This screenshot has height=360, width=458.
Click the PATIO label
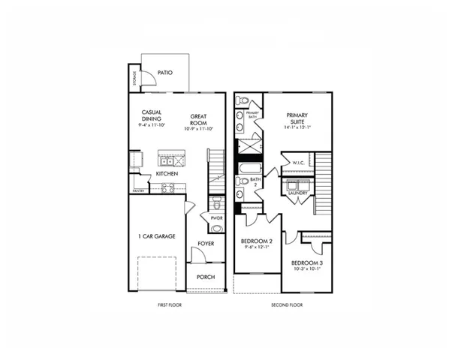[165, 73]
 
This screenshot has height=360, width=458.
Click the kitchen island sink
[168, 160]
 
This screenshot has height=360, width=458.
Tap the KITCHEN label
[167, 174]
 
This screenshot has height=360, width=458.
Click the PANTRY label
[138, 190]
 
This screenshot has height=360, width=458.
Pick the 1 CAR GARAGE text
[156, 236]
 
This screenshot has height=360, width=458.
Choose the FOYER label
[206, 244]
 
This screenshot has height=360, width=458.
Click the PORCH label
[206, 277]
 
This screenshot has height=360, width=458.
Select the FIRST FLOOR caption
[170, 305]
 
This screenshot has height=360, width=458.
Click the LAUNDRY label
[297, 193]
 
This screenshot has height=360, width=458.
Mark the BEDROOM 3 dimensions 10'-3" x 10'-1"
[306, 268]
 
